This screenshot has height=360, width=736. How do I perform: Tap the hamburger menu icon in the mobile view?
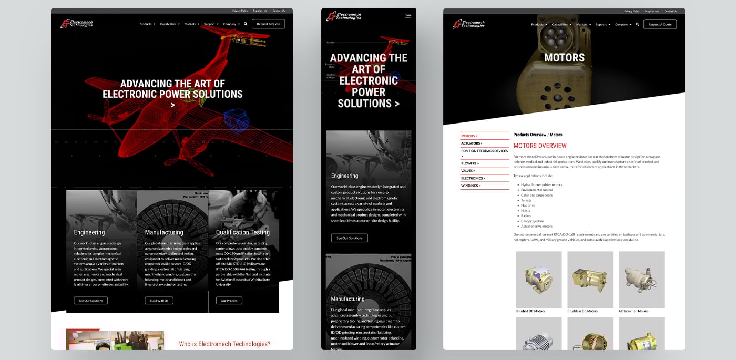tap(408, 16)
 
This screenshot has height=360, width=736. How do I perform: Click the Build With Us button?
tap(159, 301)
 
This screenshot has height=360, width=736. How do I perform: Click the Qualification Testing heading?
tap(243, 232)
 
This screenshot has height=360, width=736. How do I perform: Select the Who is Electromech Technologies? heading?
tap(224, 344)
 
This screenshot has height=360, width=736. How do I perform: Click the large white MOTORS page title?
tap(564, 58)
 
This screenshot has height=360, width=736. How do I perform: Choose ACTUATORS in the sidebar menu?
tap(472, 143)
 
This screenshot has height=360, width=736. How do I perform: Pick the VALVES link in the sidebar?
tap(468, 171)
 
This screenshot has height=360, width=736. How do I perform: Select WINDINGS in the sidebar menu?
tap(471, 186)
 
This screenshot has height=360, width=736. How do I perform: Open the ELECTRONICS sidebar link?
tap(473, 178)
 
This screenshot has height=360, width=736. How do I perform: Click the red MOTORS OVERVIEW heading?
tap(540, 146)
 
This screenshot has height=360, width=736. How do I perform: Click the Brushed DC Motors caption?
tap(530, 311)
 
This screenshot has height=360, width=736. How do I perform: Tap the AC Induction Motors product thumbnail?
tap(641, 279)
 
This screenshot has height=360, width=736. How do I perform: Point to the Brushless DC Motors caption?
tap(582, 311)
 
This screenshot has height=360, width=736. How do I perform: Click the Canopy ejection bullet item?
tap(533, 221)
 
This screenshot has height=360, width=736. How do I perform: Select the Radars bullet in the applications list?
tap(526, 216)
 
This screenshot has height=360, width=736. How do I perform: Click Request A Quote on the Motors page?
tap(660, 24)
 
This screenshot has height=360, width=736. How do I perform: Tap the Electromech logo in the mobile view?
tap(344, 16)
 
